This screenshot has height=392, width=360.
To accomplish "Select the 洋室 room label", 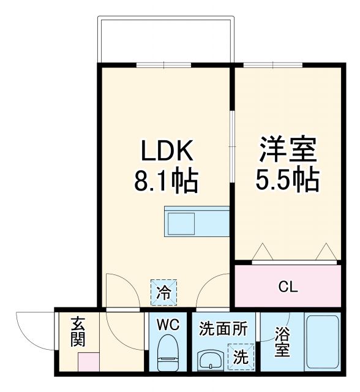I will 288,150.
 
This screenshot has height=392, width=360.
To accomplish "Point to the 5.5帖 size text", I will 288,179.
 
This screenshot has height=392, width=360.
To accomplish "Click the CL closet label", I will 288,287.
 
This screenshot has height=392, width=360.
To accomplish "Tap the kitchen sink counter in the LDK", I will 196,221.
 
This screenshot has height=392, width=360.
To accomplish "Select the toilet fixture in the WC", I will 167,355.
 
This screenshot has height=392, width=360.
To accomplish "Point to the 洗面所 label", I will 223,328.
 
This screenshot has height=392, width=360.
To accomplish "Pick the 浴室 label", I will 282,343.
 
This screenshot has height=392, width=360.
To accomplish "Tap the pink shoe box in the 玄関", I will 88,361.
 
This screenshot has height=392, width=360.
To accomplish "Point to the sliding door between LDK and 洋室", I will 232,147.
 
